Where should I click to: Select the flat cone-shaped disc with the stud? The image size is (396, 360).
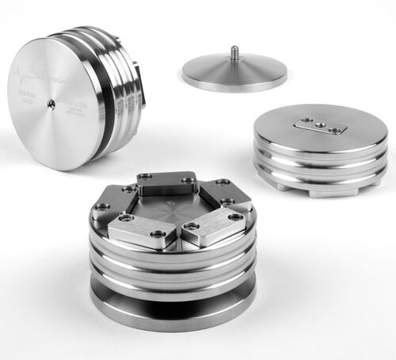point(234,74)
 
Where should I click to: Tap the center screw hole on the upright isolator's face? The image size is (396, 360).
point(51,103)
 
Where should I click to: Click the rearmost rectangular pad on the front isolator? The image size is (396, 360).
point(166,185)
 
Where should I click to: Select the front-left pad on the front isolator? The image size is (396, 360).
point(136,230)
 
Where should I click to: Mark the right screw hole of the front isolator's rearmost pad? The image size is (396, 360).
point(188,181)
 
